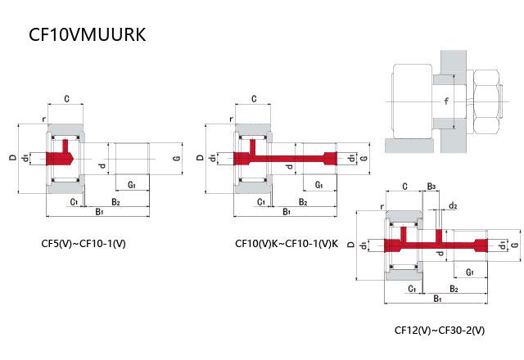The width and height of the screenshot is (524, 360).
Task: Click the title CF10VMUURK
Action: pos(87,35)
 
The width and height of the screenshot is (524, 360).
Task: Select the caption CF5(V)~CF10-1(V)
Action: pos(84,243)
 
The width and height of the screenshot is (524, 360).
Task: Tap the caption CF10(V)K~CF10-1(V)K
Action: pos(286,243)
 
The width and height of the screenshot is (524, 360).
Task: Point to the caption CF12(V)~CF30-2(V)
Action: pos(440,331)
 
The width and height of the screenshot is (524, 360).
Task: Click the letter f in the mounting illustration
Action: pos(446,101)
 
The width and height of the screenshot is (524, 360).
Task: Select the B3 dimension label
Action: pos(431,187)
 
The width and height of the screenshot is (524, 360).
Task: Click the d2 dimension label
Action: pos(452,205)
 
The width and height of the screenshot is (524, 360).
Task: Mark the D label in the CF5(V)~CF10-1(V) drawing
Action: pos(13,157)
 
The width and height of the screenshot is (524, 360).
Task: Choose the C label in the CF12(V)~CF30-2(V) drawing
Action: pos(405,187)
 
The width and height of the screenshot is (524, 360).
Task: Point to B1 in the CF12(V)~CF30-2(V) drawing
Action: pos(437,299)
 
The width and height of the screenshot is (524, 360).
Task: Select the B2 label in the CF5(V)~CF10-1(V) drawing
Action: pos(115,200)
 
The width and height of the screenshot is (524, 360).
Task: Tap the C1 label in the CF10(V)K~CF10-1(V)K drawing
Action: pos(261,200)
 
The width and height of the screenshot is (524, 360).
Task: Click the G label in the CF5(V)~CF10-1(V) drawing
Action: pos(177,157)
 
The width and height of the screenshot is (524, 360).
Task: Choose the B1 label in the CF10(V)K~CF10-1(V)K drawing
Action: pos(287,212)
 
